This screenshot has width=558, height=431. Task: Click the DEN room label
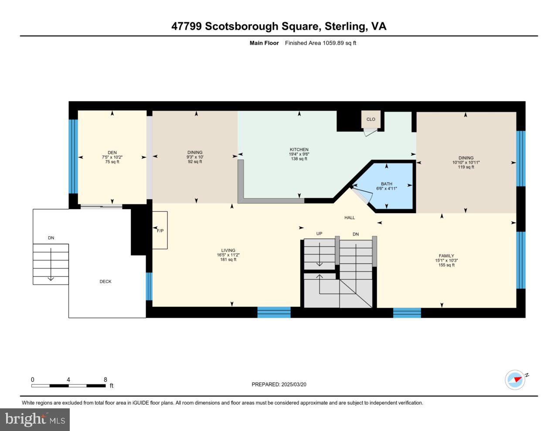pos(112,153)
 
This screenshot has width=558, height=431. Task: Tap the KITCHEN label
pos(299,149)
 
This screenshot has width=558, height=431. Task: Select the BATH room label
pos(386,184)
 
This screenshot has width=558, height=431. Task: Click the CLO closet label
pos(371,119)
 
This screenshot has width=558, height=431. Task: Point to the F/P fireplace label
pos(160,231)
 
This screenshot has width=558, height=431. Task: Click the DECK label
pos(105,282)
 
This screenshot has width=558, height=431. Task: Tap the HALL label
pos(350,217)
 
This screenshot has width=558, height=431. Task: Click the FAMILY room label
pos(446,256)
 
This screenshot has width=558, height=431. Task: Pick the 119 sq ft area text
pos(466,167)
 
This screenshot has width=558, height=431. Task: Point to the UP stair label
pos(319,234)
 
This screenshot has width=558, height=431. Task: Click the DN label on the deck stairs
pos(51,238)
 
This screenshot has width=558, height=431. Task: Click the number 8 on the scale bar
pos(105,380)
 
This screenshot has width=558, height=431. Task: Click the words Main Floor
pos(264,43)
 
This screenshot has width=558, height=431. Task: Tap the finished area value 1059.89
pos(333,43)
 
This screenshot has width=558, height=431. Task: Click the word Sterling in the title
pos(345,27)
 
